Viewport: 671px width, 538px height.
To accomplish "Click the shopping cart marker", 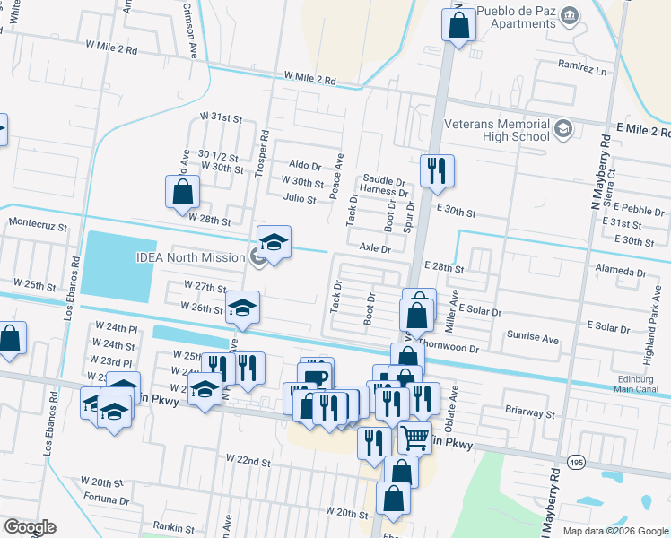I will pyautogui.click(x=414, y=438).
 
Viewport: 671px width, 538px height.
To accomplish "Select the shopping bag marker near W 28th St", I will pyautogui.click(x=183, y=191).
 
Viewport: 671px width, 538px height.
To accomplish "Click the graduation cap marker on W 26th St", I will pyautogui.click(x=241, y=307).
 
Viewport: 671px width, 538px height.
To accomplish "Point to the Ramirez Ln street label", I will pyautogui.click(x=582, y=69).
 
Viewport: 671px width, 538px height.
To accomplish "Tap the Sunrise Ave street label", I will pyautogui.click(x=534, y=340).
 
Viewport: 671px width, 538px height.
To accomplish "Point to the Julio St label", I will pyautogui.click(x=299, y=199).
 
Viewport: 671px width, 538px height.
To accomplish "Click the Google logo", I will pyautogui.click(x=29, y=527).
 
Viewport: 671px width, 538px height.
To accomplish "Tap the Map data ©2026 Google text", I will pyautogui.click(x=614, y=531).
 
